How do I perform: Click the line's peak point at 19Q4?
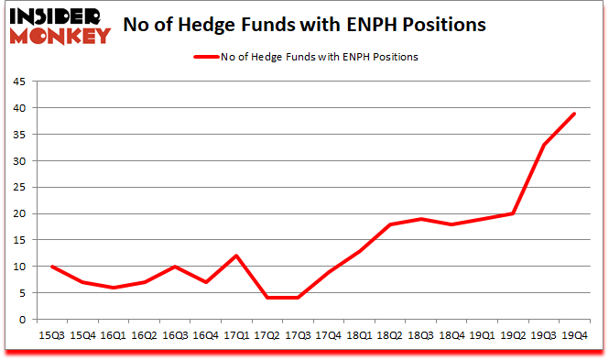click(574, 114)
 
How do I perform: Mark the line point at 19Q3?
click(543, 146)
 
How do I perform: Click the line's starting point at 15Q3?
click(53, 267)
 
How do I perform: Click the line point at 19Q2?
click(512, 214)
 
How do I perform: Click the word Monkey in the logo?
click(57, 35)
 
